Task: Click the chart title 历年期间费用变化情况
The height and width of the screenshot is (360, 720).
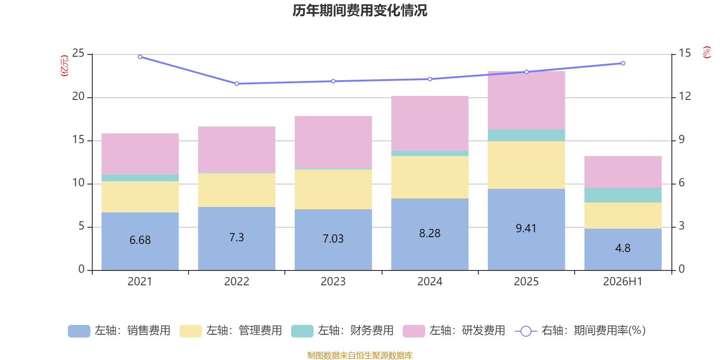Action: point(360,11)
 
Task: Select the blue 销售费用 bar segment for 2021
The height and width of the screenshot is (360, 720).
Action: point(140,241)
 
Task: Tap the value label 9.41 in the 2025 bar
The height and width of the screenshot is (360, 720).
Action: point(526,228)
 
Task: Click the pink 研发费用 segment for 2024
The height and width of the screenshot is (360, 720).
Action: point(430,123)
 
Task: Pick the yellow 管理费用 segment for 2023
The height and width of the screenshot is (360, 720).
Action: point(333,189)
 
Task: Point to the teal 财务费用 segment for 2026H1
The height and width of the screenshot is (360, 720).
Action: point(623,195)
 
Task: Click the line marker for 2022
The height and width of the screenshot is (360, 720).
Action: point(237,84)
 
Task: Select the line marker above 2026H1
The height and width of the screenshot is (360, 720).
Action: point(623,63)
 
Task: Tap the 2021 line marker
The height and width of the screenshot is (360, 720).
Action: point(140,57)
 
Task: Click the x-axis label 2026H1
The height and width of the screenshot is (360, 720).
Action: point(623,282)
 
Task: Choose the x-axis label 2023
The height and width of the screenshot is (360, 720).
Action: point(333,282)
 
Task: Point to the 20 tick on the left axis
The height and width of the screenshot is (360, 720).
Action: point(78,96)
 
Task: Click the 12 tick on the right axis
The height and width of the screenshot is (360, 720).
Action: point(684,96)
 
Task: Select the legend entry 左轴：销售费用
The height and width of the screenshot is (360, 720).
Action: point(119,331)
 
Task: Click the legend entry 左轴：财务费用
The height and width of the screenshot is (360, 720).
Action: point(342,331)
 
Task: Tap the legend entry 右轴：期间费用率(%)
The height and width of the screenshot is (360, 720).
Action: point(580,331)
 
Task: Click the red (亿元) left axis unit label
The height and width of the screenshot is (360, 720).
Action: point(65,66)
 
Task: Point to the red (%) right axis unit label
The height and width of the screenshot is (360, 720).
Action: point(706,52)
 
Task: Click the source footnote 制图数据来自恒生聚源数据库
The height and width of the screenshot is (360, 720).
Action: point(360,355)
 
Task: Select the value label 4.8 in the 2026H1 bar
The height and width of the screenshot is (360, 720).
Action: point(623,248)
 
